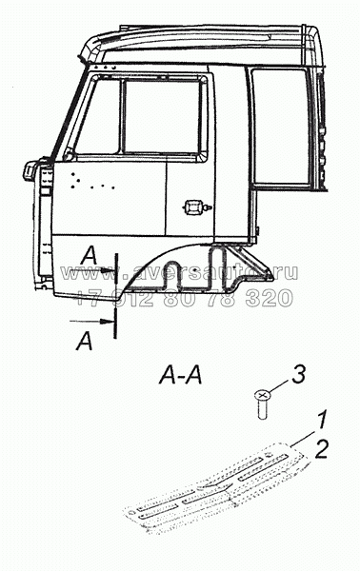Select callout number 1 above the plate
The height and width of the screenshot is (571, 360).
[324, 417]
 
